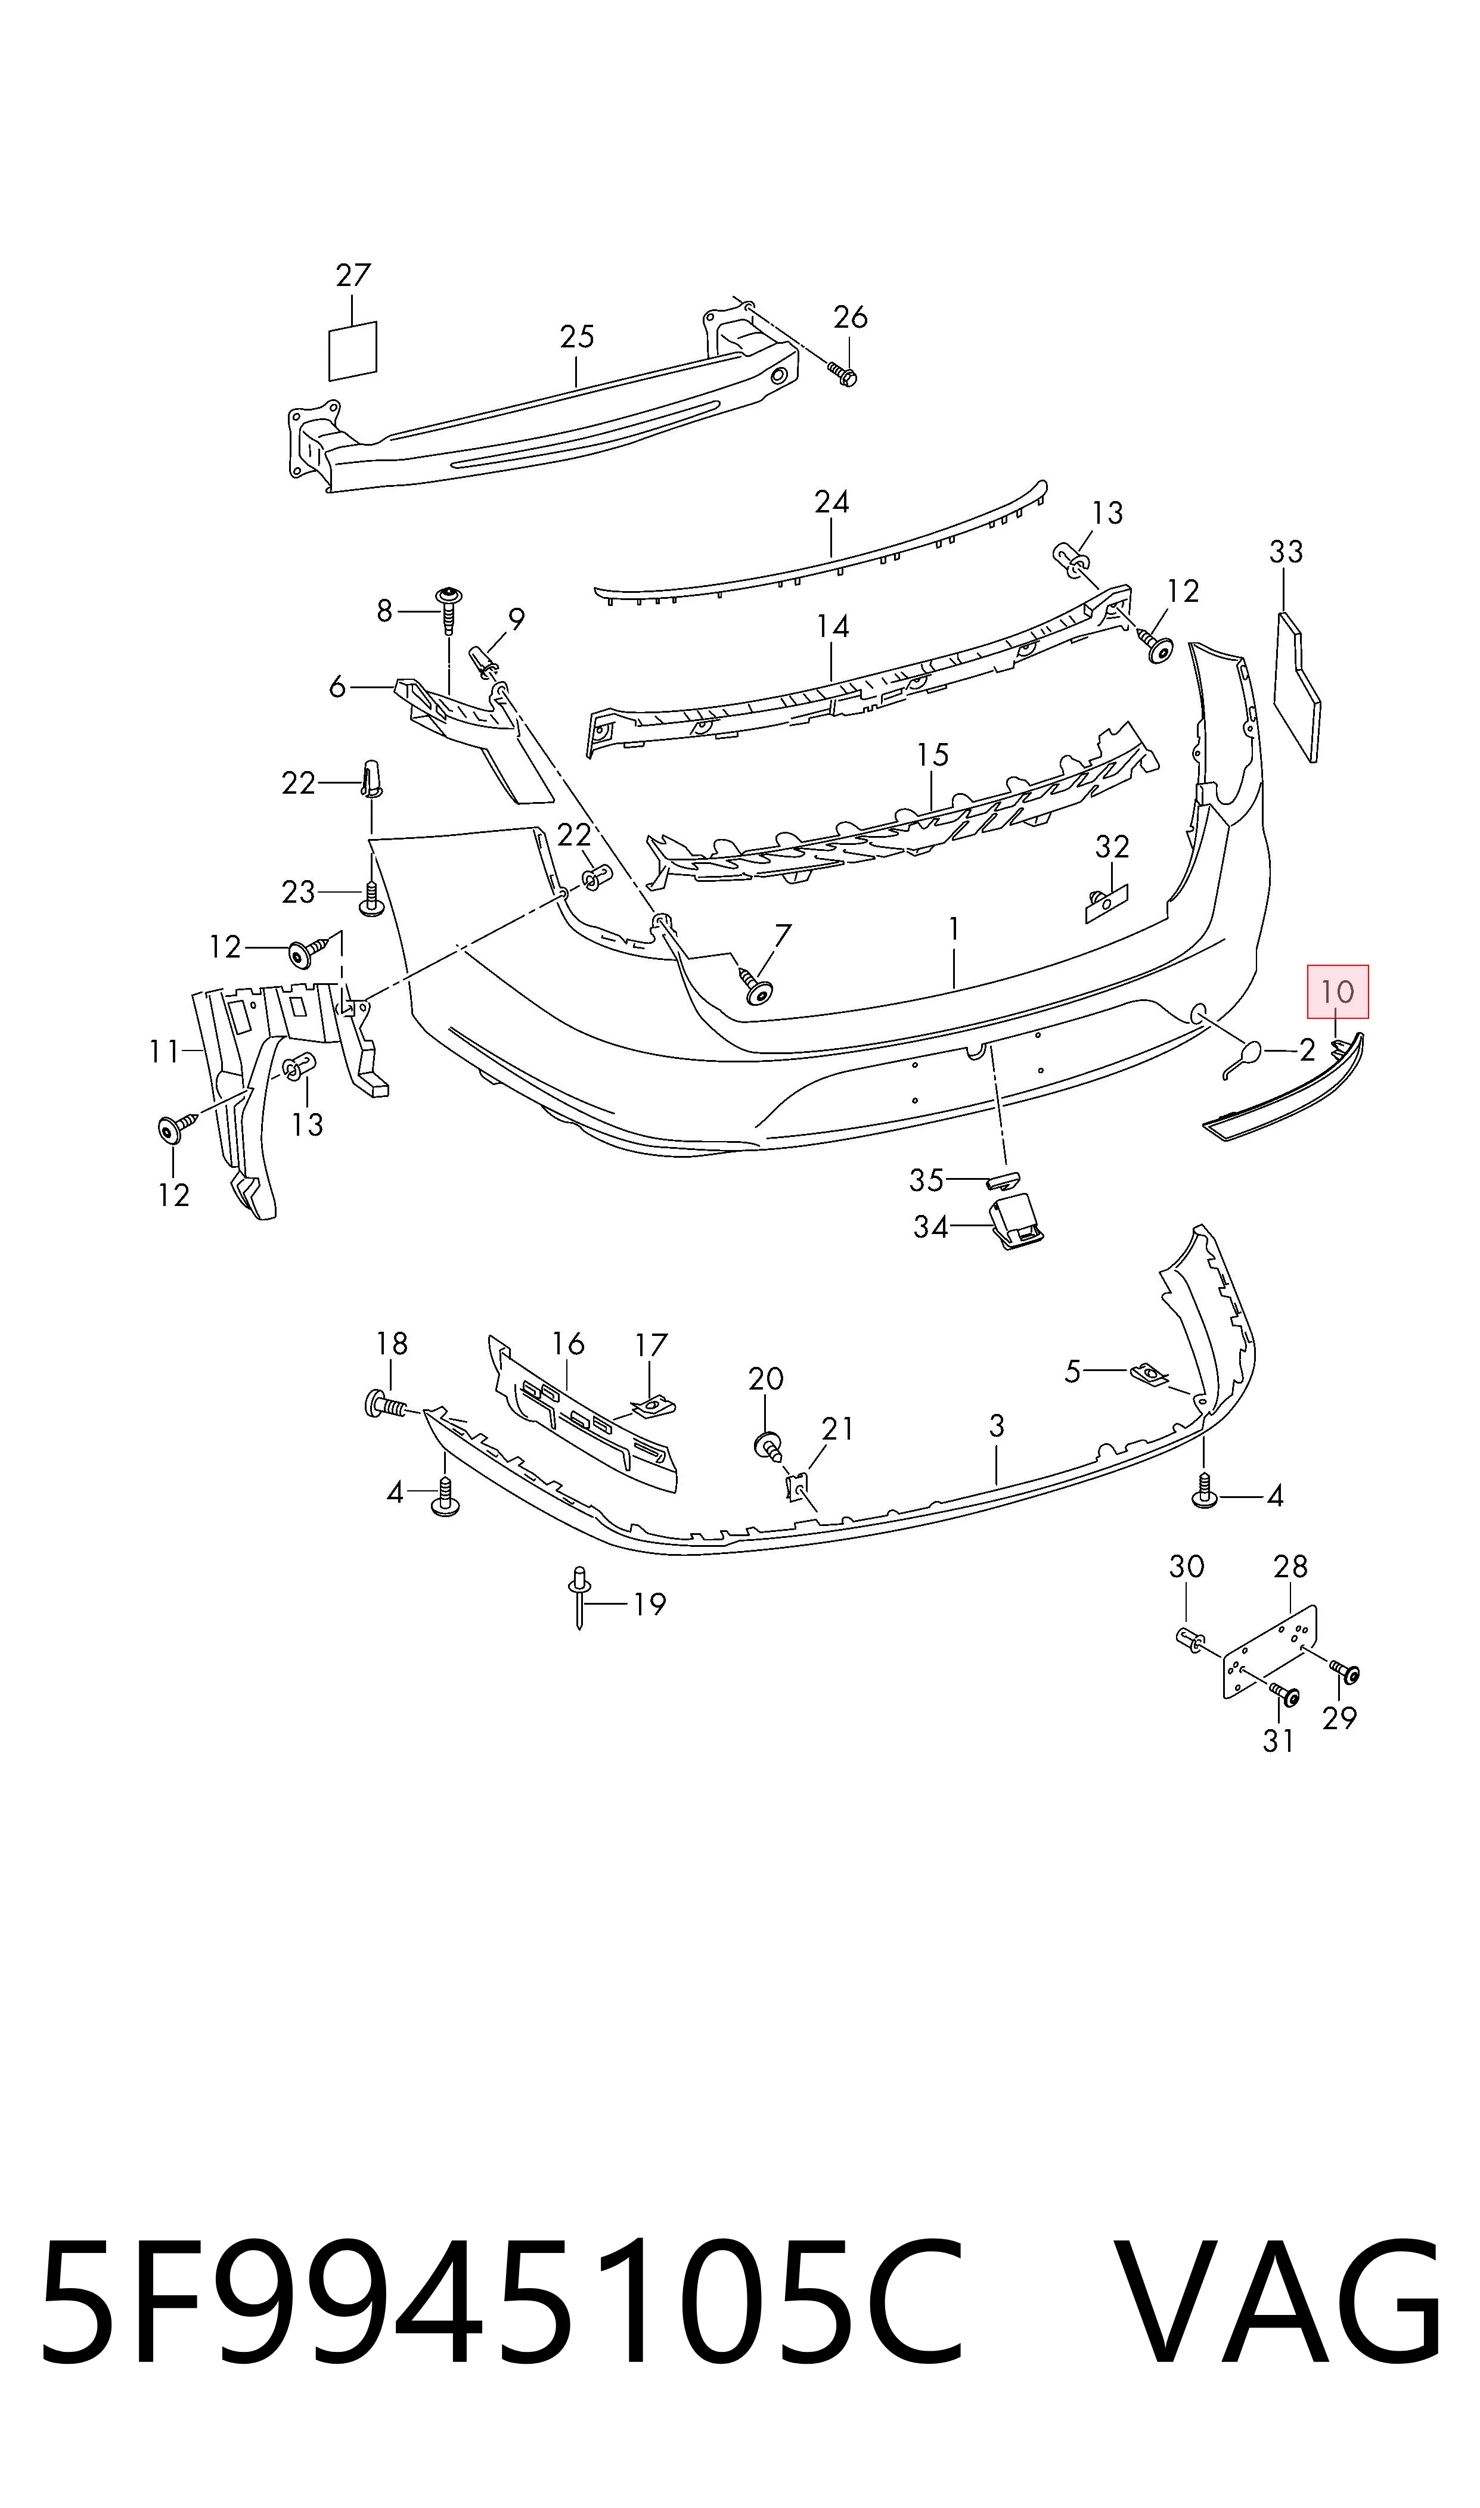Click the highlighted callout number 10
[1338, 992]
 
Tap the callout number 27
[353, 276]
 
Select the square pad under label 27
[353, 351]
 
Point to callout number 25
[576, 337]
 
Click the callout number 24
[831, 501]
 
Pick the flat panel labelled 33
[1298, 688]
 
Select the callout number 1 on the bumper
[954, 929]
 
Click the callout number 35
[926, 1180]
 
